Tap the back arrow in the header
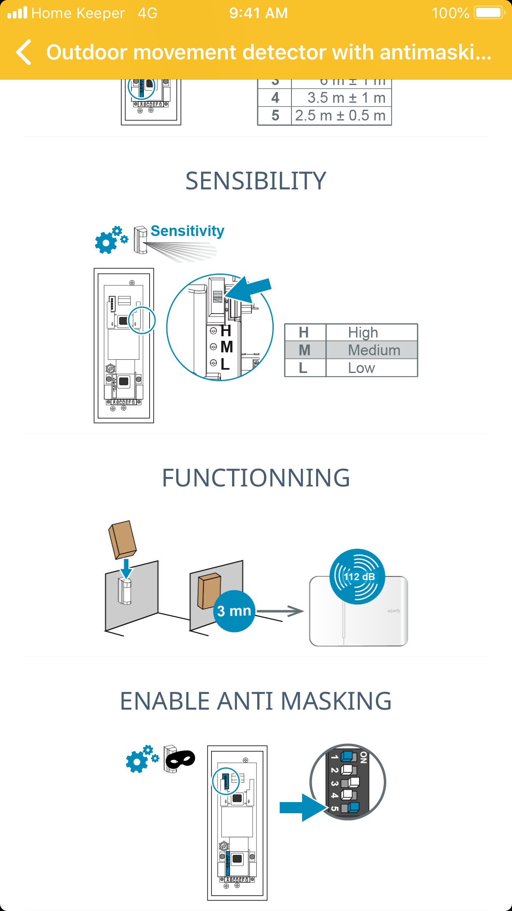point(24,52)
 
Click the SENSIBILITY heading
point(256,181)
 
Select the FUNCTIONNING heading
point(256,478)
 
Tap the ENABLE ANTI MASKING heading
point(256,701)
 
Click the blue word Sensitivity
point(187,231)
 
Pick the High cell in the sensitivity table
point(363,333)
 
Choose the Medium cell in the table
point(374,350)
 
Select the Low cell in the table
point(362,368)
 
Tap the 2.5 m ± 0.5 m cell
point(341,116)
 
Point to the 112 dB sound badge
point(357,576)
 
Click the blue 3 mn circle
point(234,611)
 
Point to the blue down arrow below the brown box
point(126,569)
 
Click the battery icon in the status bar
point(489,13)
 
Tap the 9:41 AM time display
point(258,13)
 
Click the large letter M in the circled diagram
point(227,347)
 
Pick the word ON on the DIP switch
point(363,758)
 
